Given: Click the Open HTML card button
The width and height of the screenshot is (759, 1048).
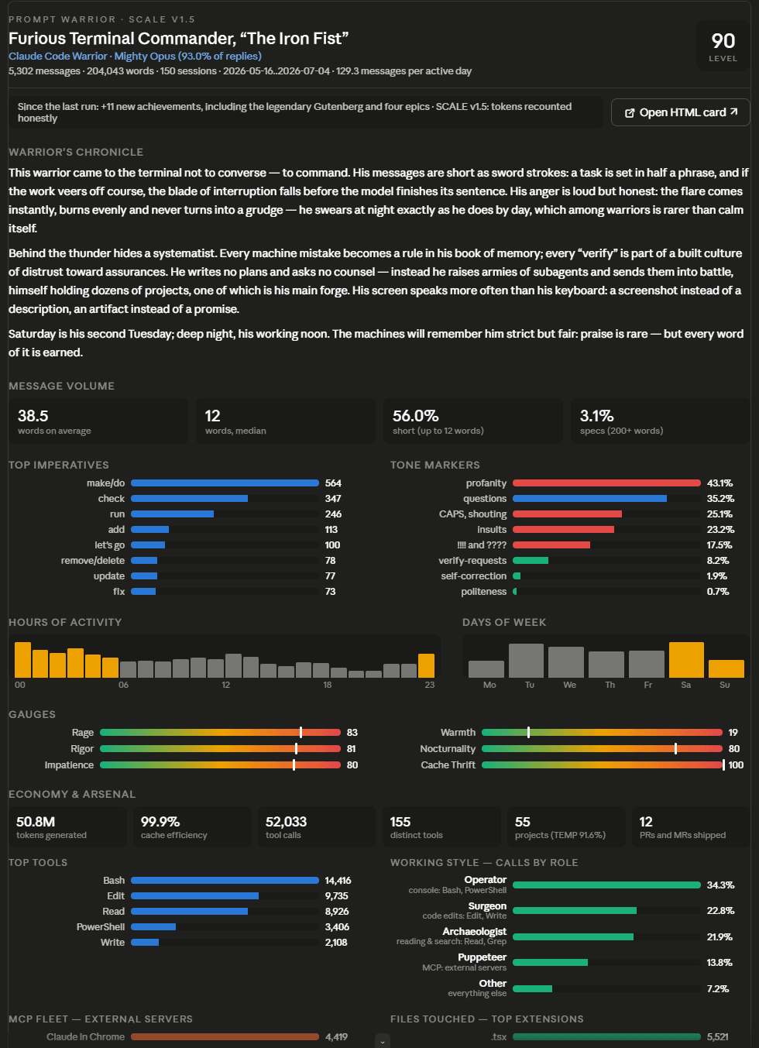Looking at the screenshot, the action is (x=680, y=112).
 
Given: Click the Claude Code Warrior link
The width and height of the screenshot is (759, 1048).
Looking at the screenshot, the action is (x=58, y=56).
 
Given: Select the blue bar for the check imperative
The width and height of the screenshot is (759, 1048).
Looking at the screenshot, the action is (x=189, y=498).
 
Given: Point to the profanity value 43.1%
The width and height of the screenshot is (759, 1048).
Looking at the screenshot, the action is (x=720, y=483).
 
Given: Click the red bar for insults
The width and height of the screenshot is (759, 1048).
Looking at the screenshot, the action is (x=563, y=529).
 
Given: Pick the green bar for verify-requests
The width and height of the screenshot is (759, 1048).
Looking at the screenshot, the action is (x=531, y=560).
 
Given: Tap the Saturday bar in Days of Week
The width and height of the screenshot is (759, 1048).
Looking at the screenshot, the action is (x=686, y=660).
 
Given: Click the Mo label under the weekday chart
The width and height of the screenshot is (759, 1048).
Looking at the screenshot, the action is (x=489, y=685).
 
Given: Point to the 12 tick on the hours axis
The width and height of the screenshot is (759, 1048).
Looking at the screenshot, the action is (x=225, y=685).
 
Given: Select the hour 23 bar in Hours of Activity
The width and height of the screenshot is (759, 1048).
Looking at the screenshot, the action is (x=426, y=665).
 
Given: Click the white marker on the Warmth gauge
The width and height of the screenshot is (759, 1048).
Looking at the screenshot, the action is (x=528, y=732).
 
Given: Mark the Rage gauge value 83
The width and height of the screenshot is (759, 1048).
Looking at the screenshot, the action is (x=352, y=732).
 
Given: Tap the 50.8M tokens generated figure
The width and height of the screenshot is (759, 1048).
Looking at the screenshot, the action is (x=36, y=822).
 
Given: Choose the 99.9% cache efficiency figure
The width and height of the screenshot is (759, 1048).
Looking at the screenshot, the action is (x=160, y=822).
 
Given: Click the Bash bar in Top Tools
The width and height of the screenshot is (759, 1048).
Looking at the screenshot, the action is (x=225, y=880).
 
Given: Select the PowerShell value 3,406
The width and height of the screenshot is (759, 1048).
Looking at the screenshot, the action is (x=337, y=926).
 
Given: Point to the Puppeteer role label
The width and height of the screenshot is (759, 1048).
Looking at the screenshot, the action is (x=482, y=957).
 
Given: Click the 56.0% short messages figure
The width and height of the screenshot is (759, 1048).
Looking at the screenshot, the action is (x=416, y=415).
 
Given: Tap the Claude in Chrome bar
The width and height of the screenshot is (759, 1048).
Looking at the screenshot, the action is (x=225, y=1037).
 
